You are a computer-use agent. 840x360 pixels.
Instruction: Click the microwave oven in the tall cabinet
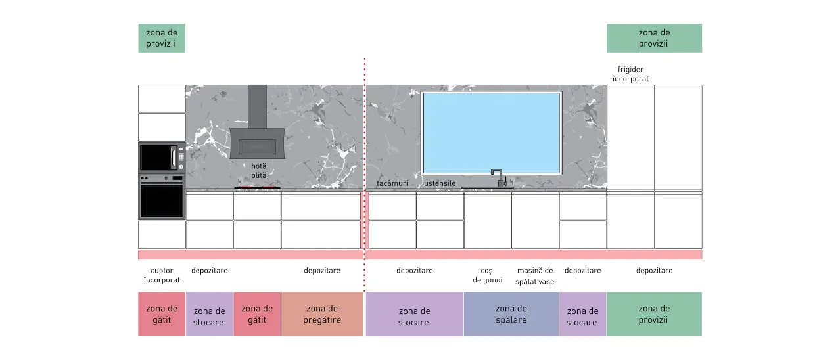162,157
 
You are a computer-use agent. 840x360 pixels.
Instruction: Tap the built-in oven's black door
162,200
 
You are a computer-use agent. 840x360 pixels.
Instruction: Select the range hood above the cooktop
257,122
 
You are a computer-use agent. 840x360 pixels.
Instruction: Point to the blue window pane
491,133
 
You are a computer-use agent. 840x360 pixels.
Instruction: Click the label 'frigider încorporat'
630,74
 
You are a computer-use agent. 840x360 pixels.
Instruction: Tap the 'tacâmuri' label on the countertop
392,183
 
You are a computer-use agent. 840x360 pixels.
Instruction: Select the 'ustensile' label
440,183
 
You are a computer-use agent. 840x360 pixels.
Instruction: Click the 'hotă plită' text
259,170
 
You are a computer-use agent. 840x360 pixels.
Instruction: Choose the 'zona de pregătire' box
322,314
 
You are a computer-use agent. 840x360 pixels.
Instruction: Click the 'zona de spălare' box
511,314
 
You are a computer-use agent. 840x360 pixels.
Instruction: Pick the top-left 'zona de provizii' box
162,38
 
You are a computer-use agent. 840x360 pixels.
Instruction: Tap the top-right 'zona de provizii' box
655,38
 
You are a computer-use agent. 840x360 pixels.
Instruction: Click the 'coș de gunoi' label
487,275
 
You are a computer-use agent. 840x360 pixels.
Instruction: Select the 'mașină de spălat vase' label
535,276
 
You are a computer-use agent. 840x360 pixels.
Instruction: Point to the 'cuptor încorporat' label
162,275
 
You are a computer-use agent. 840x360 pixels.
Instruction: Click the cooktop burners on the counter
257,187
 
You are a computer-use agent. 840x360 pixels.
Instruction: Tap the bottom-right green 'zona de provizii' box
655,314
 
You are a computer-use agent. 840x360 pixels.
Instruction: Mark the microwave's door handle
174,158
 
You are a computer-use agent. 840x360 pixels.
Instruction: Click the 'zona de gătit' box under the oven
162,314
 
